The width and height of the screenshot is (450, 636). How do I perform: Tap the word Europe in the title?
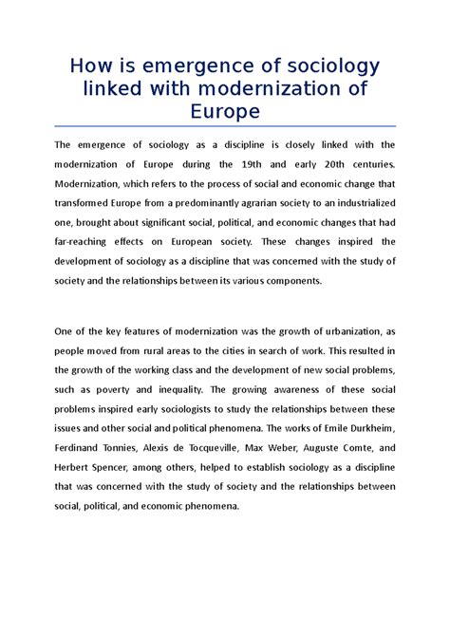[x=224, y=112]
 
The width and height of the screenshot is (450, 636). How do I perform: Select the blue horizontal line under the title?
[x=224, y=126]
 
